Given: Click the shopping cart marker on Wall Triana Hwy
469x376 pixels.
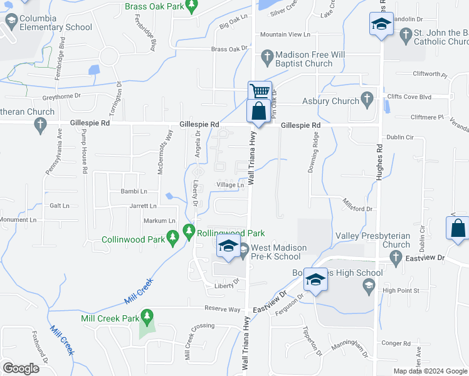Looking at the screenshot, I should (260, 91).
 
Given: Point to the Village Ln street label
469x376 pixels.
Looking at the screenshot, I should (230, 185).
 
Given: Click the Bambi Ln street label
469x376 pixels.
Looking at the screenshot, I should (134, 191).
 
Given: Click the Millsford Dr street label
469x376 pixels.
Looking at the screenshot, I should (357, 205).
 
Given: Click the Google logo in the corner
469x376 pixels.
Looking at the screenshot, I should (21, 368).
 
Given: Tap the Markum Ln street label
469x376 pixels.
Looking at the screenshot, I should (160, 221).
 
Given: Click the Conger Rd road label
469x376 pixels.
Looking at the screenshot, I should (396, 343).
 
